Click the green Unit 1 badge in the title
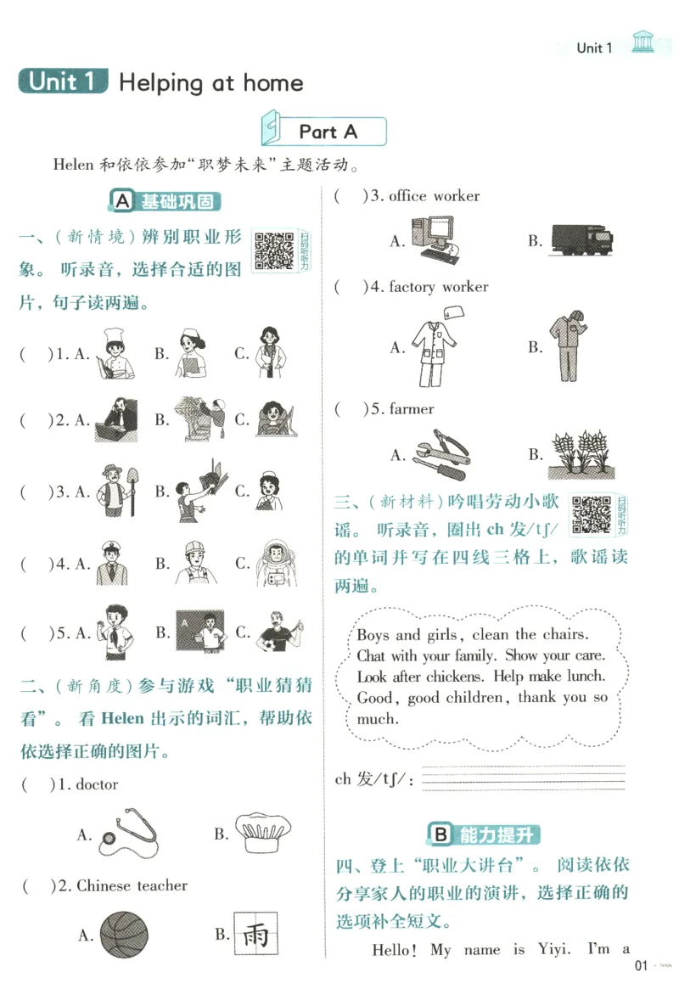click(65, 81)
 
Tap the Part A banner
click(327, 132)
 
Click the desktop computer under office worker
click(437, 237)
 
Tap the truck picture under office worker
click(582, 239)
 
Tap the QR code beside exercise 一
click(274, 252)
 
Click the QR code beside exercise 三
click(591, 514)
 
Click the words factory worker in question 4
click(438, 287)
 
